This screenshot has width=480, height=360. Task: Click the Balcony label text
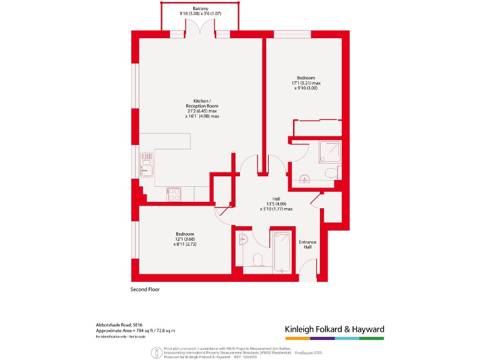[200, 8]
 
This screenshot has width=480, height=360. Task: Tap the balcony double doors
[200, 29]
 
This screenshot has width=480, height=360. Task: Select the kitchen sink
[146, 167]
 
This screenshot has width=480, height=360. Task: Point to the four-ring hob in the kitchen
[174, 194]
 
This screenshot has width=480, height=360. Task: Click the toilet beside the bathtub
[257, 259]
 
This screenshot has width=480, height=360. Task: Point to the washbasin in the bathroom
[244, 239]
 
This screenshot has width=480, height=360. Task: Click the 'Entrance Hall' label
[307, 244]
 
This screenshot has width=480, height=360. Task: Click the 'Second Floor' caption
[146, 289]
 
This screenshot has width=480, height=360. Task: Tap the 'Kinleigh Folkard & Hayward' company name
[334, 329]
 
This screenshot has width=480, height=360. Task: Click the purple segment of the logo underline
[322, 338]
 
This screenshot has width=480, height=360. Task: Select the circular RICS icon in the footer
[154, 353]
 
